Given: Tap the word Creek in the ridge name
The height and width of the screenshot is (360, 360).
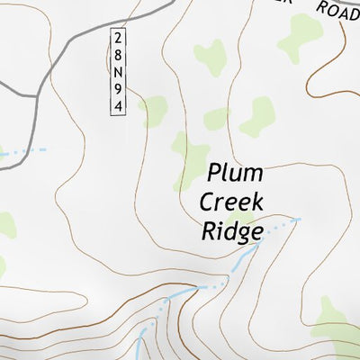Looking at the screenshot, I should [231, 202].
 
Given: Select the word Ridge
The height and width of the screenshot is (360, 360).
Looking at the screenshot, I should [231, 231].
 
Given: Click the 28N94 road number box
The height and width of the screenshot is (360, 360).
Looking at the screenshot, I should [117, 71].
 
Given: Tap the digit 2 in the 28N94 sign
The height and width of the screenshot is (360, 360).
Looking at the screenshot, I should [117, 38].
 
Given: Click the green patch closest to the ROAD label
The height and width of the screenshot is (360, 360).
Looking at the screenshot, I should [300, 36].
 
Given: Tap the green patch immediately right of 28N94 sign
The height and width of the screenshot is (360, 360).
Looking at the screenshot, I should [154, 111].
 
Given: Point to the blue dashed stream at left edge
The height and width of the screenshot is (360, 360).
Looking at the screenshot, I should [18, 154].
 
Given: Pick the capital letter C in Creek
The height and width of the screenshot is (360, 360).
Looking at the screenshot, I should [208, 202].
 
